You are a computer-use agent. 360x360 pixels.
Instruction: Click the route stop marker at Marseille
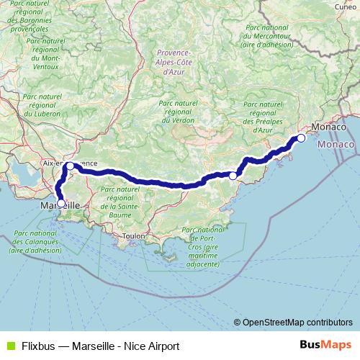click(61, 202)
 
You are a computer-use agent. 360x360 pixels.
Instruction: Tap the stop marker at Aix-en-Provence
click(69, 166)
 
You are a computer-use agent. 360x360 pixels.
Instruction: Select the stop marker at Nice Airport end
click(301, 138)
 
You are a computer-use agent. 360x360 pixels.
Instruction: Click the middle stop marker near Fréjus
click(233, 175)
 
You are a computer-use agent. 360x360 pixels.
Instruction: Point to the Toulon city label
click(134, 235)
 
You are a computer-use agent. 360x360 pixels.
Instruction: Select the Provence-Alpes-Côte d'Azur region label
click(173, 63)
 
